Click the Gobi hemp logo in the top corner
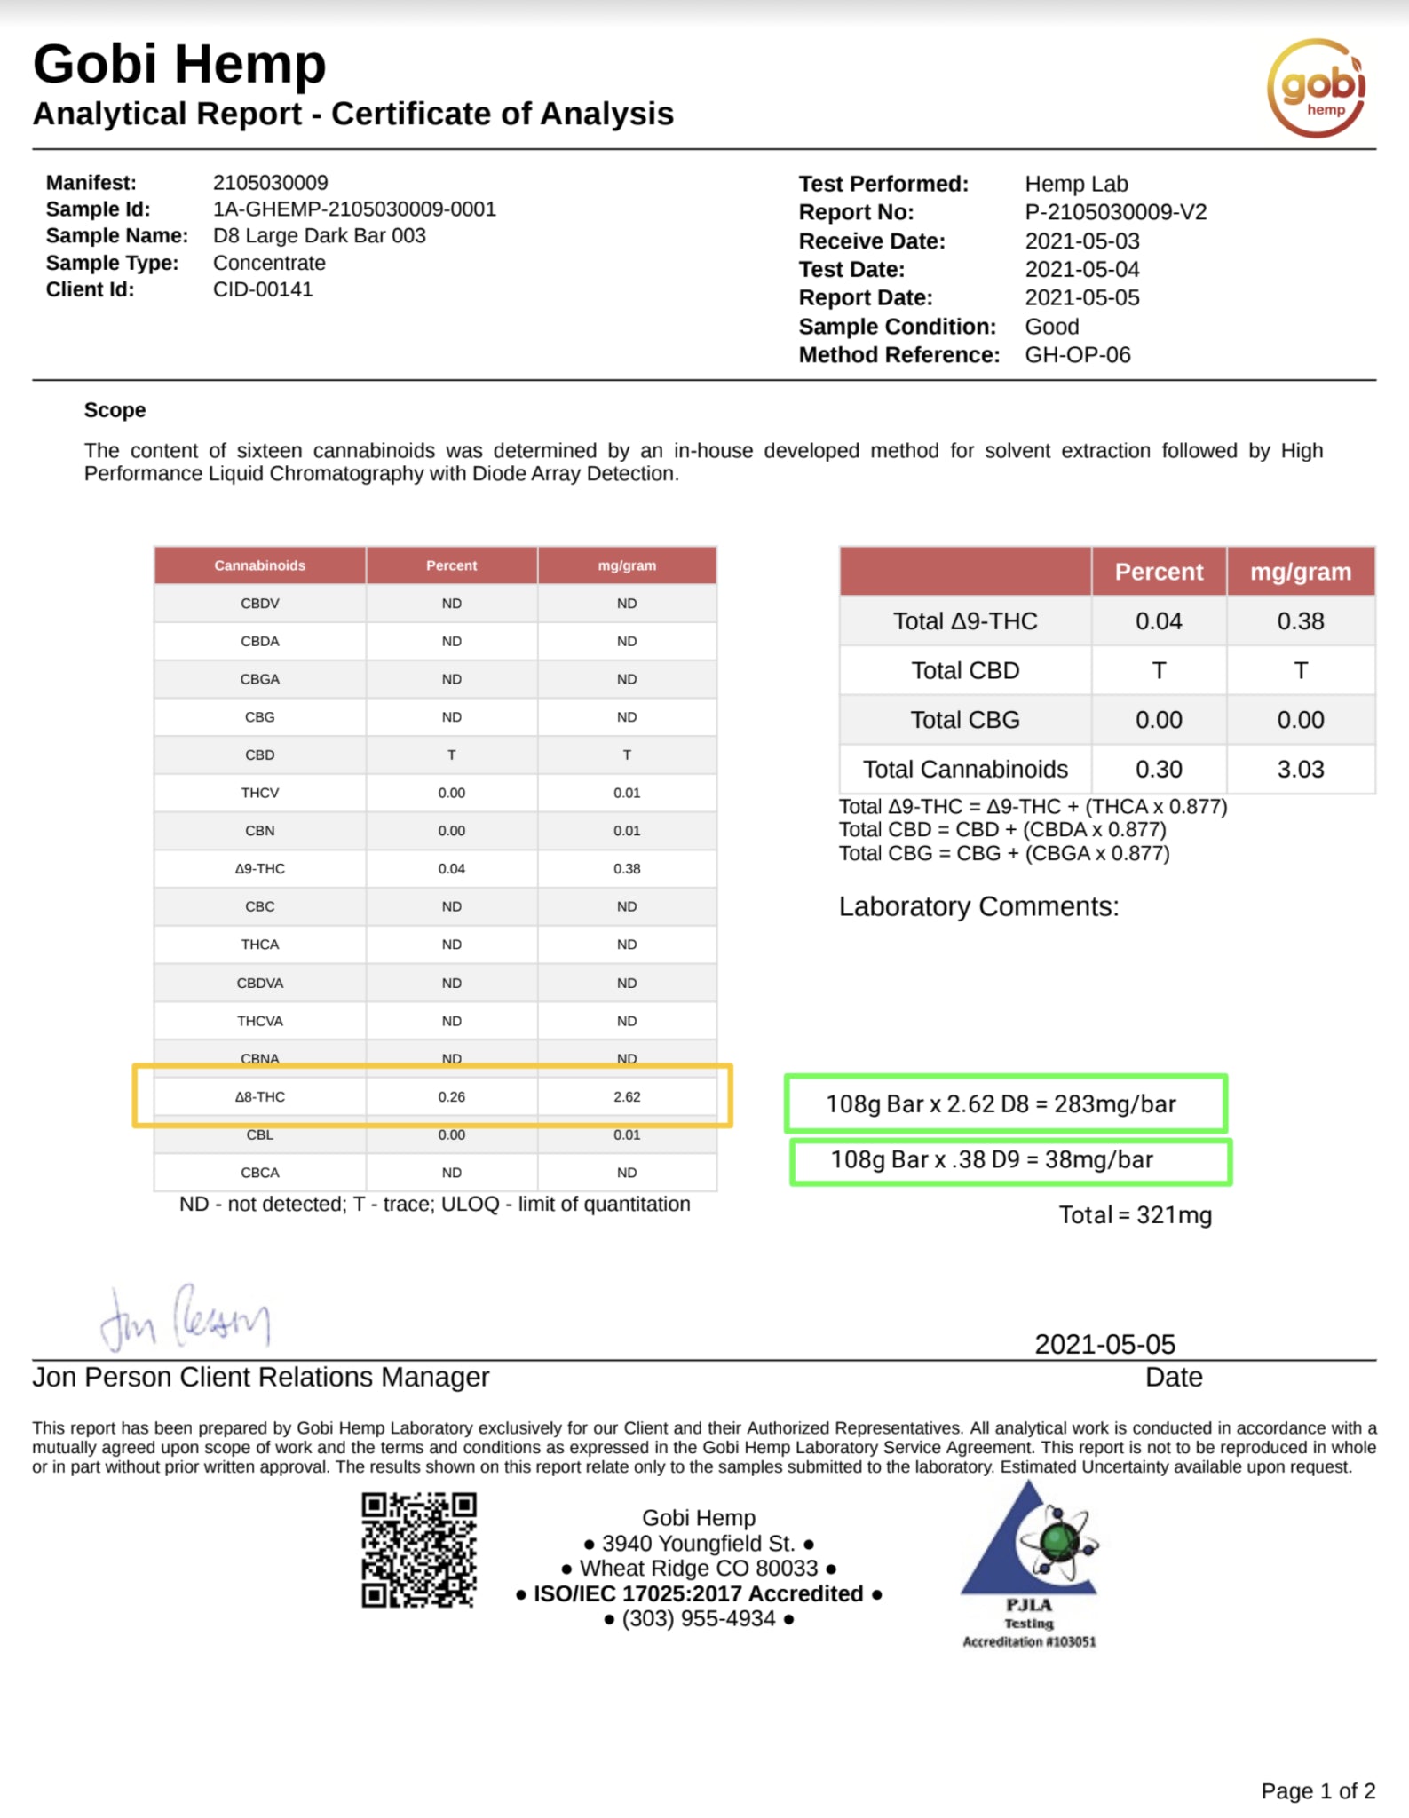click(x=1316, y=87)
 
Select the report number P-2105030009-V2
click(x=1115, y=212)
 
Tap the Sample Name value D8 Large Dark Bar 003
click(x=319, y=235)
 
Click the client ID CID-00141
click(x=263, y=289)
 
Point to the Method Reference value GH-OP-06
click(x=1077, y=355)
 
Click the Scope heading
click(x=115, y=410)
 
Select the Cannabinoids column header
click(x=259, y=565)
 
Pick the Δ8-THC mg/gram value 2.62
click(x=627, y=1097)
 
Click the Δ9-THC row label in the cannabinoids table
click(x=259, y=869)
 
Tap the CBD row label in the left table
click(x=259, y=755)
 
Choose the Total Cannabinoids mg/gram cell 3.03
click(x=1300, y=769)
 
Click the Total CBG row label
click(x=965, y=720)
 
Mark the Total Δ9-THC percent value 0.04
click(x=1159, y=621)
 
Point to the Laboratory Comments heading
click(x=978, y=906)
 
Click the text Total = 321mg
click(x=1135, y=1215)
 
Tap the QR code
click(x=418, y=1550)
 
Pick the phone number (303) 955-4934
click(x=699, y=1619)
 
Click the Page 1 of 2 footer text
click(x=1318, y=1791)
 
